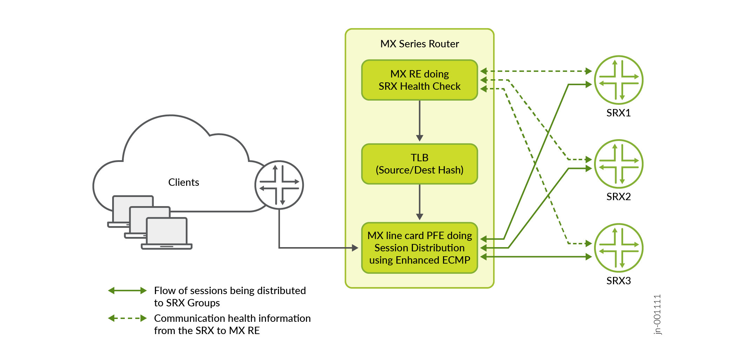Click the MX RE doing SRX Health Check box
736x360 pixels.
pyautogui.click(x=420, y=80)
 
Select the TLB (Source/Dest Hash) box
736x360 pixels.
pyautogui.click(x=420, y=164)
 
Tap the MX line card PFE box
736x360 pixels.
pyautogui.click(x=420, y=247)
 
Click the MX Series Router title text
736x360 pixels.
pyautogui.click(x=420, y=44)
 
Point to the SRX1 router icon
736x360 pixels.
pyautogui.click(x=619, y=80)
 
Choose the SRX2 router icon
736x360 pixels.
pyautogui.click(x=619, y=164)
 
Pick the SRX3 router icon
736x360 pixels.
pyautogui.click(x=619, y=248)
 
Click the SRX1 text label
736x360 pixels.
pyautogui.click(x=619, y=113)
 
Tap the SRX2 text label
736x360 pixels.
pyautogui.click(x=619, y=197)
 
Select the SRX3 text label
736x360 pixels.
pyautogui.click(x=619, y=281)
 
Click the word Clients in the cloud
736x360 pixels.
pyautogui.click(x=183, y=182)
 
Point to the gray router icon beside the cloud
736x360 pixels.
pyautogui.click(x=279, y=185)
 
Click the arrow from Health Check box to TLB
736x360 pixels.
pyautogui.click(x=420, y=121)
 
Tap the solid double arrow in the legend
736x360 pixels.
pyautogui.click(x=127, y=291)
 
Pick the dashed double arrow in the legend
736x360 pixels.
pyautogui.click(x=127, y=318)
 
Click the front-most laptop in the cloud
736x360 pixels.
pyautogui.click(x=167, y=233)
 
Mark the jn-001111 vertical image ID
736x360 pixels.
pyautogui.click(x=657, y=314)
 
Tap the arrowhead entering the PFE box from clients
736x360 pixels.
pyautogui.click(x=355, y=248)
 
